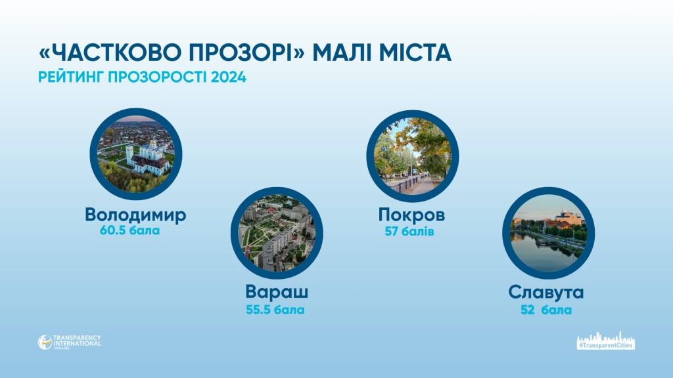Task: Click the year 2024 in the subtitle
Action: coord(229,77)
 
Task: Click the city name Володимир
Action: coord(135,215)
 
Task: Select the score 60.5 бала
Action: coord(129,230)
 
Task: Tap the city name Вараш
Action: coord(277,292)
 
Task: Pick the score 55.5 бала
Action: coord(275,310)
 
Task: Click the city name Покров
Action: coord(411,215)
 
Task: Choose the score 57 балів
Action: coord(409,232)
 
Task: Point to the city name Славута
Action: coord(546,292)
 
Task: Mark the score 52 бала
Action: coord(546,310)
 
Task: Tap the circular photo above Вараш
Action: coord(277,233)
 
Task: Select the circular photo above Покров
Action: coord(413,156)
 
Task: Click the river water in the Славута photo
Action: coord(541,252)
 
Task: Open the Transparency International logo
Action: coord(70,342)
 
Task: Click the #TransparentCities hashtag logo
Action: coord(605,341)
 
